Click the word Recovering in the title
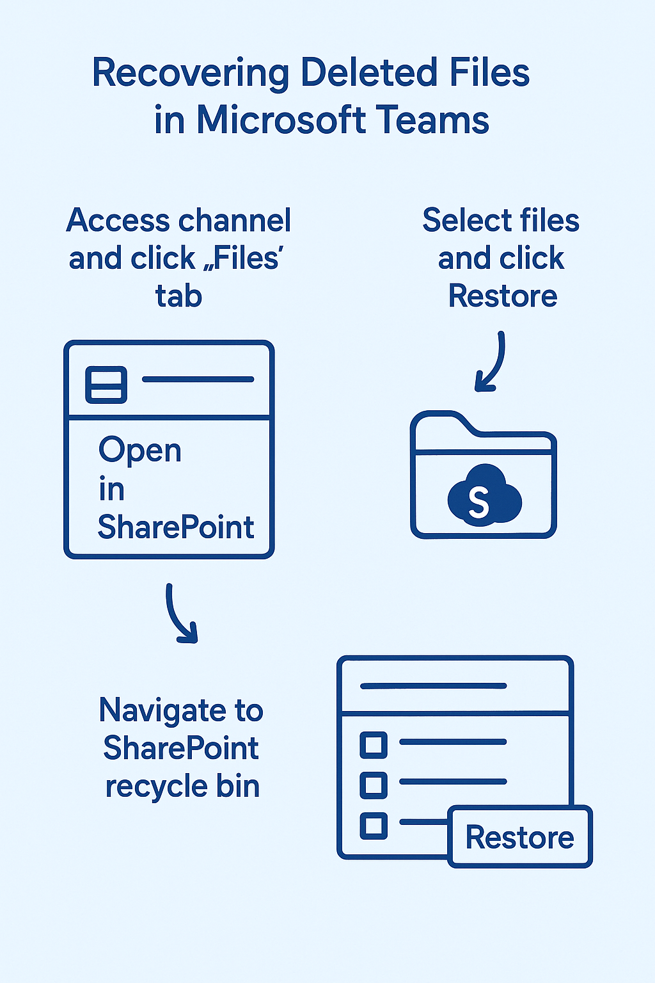coord(191,74)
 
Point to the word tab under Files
coord(178,296)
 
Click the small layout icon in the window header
coord(106,385)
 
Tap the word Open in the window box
coord(140,451)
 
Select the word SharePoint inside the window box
coord(176,527)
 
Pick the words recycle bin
coord(182,787)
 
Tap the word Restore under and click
coord(503,296)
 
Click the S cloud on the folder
coord(484,497)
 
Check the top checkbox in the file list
coord(374,744)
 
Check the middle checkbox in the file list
coord(374,785)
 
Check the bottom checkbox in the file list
coord(374,825)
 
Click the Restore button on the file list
coord(519,837)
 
